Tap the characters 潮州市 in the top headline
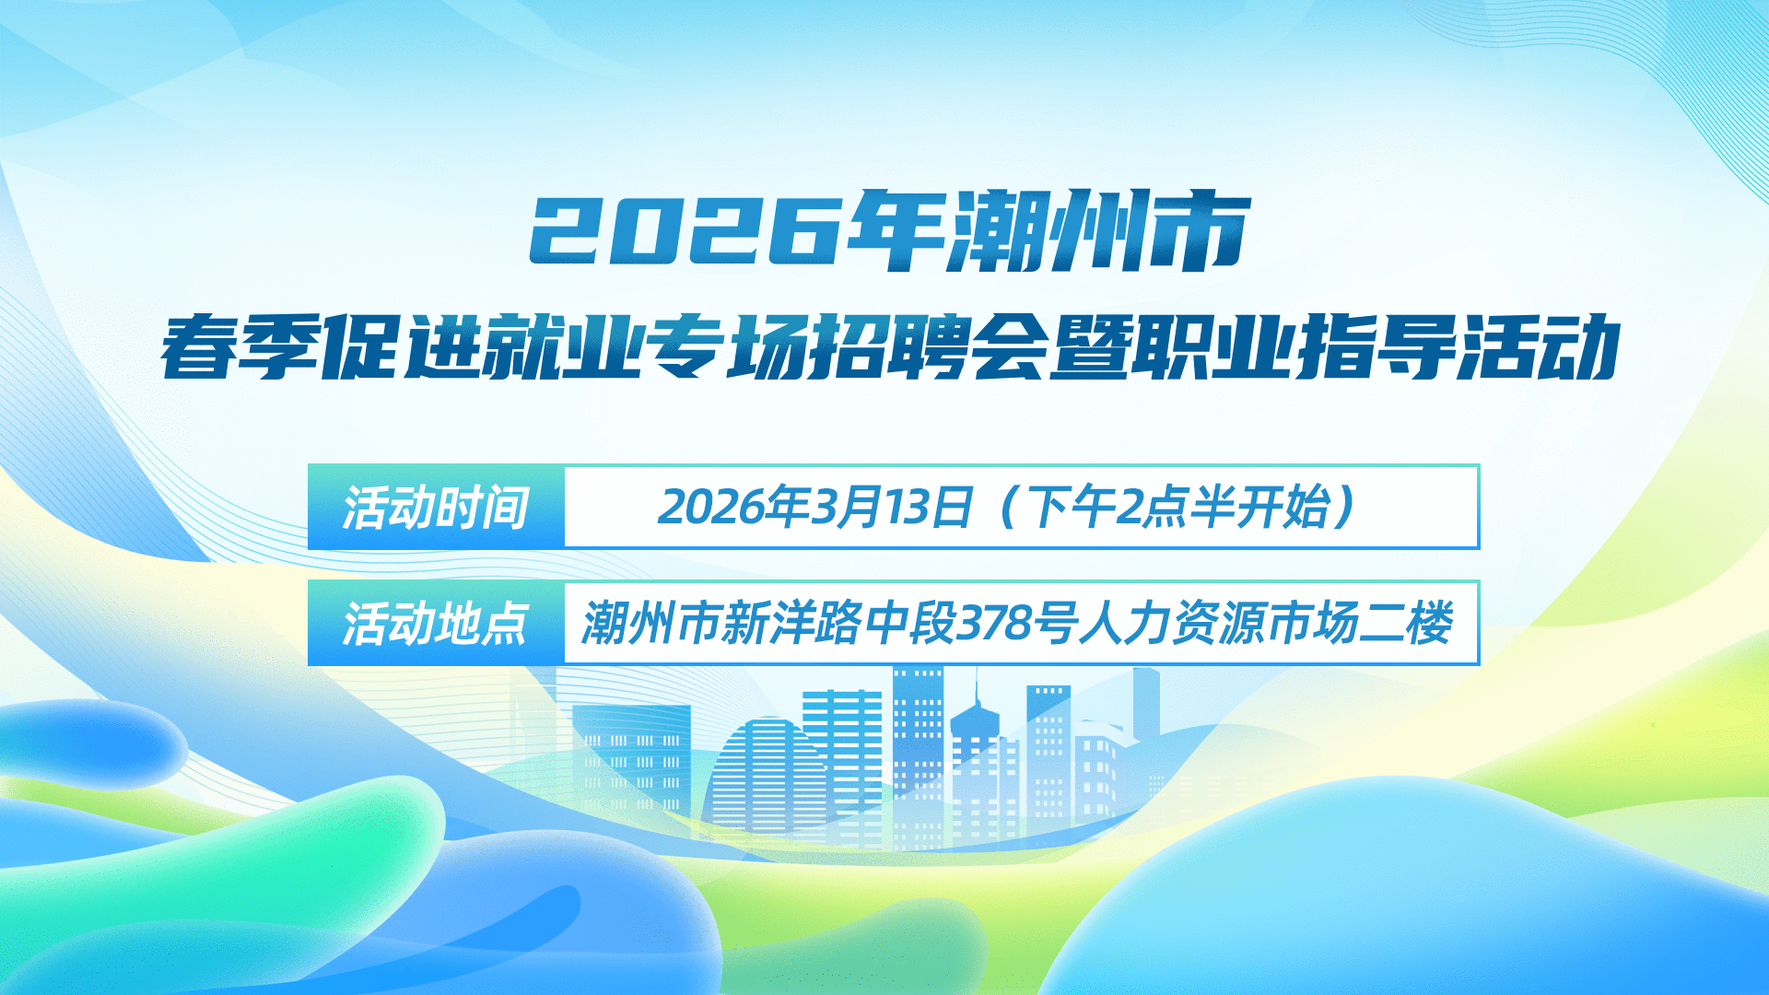click(x=1098, y=230)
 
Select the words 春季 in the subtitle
click(x=241, y=346)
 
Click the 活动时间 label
click(x=435, y=508)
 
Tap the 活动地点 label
click(x=435, y=624)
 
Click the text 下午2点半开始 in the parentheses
click(x=1179, y=507)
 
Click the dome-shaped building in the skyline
click(x=760, y=774)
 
